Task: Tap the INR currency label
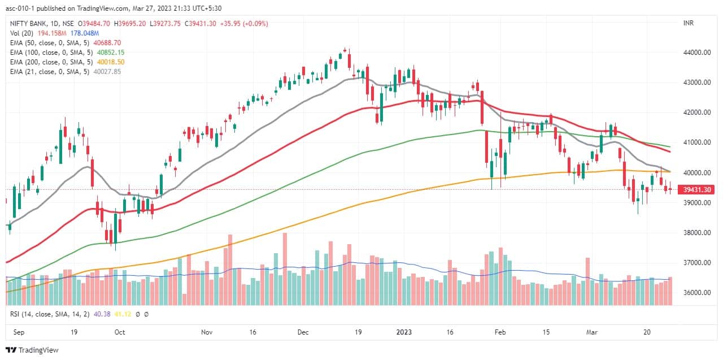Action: (689, 23)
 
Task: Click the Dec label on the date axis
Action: (304, 332)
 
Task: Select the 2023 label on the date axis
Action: (405, 332)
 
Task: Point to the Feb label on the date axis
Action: (500, 332)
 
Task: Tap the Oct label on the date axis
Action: (119, 332)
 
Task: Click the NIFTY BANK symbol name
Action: (28, 23)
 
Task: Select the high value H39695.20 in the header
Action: (129, 23)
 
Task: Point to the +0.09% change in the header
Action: (254, 23)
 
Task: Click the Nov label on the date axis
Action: (207, 332)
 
